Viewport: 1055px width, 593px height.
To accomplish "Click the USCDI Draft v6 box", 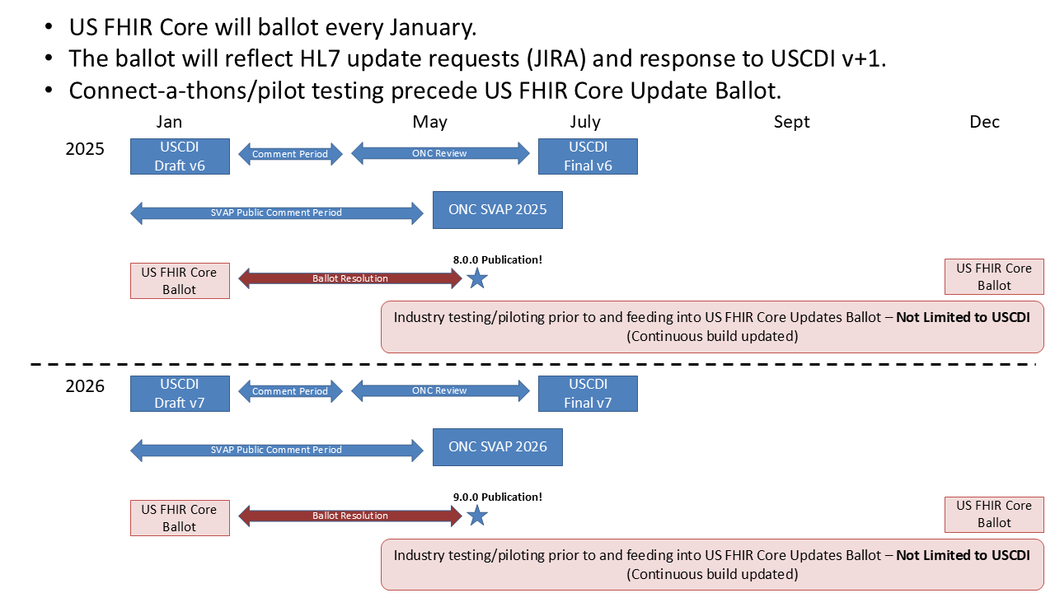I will pos(180,156).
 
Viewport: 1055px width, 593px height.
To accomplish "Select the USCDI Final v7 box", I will pos(588,394).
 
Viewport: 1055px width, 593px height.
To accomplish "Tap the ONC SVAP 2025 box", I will pos(497,210).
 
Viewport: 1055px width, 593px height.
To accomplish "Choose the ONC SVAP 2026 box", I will pos(497,447).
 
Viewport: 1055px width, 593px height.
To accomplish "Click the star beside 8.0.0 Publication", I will pos(476,278).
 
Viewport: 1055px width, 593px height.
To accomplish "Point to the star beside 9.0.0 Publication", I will pos(476,516).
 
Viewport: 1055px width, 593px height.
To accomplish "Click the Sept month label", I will pos(791,122).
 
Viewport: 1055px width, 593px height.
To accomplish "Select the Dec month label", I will pos(984,122).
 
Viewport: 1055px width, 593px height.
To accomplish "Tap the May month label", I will pos(429,122).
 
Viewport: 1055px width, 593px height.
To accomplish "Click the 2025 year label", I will pos(85,150).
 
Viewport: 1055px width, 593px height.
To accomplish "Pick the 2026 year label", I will pos(85,385).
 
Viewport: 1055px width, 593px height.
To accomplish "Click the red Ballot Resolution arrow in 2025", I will pos(350,278).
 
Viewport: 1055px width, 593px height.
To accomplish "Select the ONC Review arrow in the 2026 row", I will pos(440,390).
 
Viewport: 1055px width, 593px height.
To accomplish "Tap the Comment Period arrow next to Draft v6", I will pos(290,154).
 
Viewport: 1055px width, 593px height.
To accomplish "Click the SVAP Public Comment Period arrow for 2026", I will pos(276,450).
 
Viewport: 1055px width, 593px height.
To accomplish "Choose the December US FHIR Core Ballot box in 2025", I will pos(994,277).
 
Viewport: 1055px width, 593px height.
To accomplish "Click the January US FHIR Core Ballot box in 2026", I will pos(180,518).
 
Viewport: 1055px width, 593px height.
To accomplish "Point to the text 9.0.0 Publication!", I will pos(498,497).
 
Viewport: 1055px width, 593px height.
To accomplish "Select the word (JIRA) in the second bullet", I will pos(553,58).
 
